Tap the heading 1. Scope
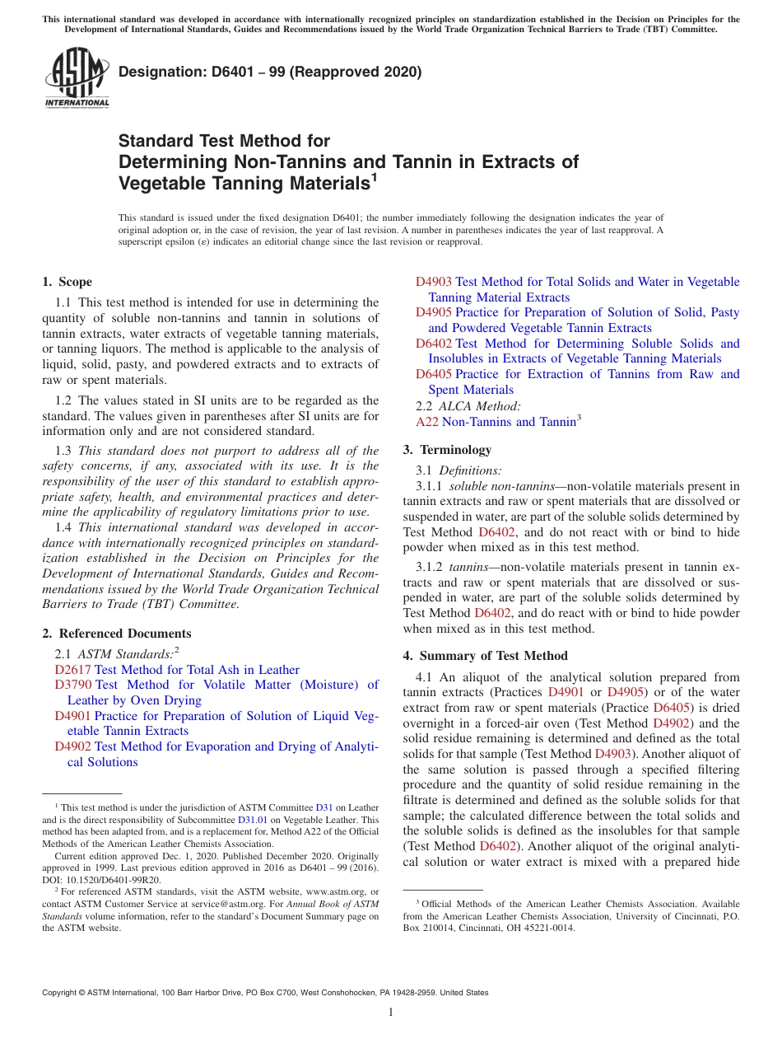[67, 282]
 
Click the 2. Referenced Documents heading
[117, 634]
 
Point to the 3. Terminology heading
[447, 450]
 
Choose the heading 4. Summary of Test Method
[485, 656]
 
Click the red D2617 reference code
[72, 670]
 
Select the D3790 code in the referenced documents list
[73, 685]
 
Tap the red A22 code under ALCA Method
[426, 422]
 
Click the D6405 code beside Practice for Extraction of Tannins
[434, 374]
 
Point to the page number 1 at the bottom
[391, 1013]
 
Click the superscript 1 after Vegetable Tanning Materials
[374, 175]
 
